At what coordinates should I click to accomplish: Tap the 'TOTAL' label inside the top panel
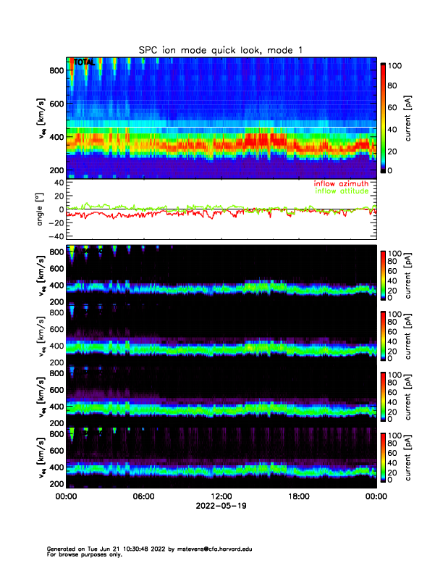(83, 63)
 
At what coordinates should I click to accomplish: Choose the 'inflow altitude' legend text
(343, 191)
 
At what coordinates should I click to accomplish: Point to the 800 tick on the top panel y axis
(55, 70)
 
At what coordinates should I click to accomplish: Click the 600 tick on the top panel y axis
(55, 104)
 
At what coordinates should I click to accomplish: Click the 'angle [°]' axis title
(41, 209)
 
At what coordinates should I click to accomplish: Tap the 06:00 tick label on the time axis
(143, 498)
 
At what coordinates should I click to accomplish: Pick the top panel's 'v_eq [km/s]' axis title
(41, 119)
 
